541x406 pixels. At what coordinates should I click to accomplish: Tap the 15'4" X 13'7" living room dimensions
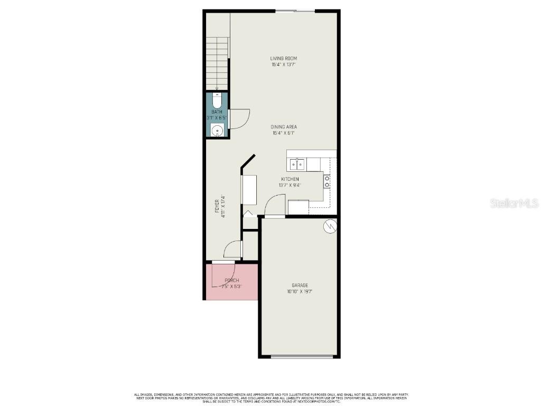pyautogui.click(x=283, y=65)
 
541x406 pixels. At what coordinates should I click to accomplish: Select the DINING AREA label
pyautogui.click(x=284, y=127)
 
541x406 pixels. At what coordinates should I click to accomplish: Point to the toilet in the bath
pyautogui.click(x=217, y=100)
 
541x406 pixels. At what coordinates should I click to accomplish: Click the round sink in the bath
pyautogui.click(x=217, y=131)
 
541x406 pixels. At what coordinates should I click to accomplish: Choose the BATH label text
pyautogui.click(x=217, y=112)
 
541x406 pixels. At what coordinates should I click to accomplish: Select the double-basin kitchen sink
pyautogui.click(x=296, y=164)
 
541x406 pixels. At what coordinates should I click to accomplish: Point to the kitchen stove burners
pyautogui.click(x=327, y=181)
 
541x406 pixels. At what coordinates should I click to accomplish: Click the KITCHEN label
pyautogui.click(x=290, y=179)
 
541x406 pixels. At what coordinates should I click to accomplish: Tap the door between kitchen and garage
pyautogui.click(x=274, y=206)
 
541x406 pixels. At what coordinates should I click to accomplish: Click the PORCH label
pyautogui.click(x=231, y=280)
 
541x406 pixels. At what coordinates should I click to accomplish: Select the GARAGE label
pyautogui.click(x=300, y=285)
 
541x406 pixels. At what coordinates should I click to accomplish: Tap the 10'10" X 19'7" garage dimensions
pyautogui.click(x=300, y=291)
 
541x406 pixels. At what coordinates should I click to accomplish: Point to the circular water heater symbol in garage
pyautogui.click(x=329, y=226)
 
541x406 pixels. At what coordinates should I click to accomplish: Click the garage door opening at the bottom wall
pyautogui.click(x=302, y=357)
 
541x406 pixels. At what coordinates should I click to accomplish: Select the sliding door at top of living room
pyautogui.click(x=295, y=11)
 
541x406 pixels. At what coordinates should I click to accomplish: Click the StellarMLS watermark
pyautogui.click(x=514, y=203)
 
